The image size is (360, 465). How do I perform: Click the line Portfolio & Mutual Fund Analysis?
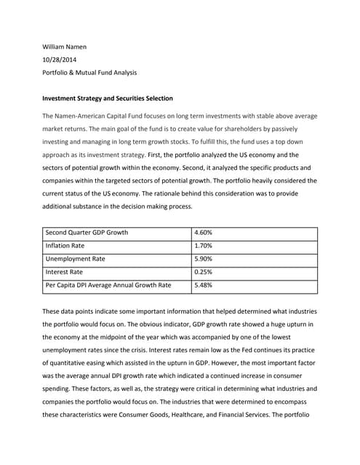click(x=89, y=73)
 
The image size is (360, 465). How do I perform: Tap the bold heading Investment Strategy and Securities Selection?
click(x=108, y=98)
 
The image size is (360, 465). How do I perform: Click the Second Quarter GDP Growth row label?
click(x=87, y=232)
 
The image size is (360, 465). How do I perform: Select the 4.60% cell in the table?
click(x=204, y=232)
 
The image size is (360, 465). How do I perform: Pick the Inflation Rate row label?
click(x=65, y=246)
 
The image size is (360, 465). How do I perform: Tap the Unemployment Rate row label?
click(x=75, y=259)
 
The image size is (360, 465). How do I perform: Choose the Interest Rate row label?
click(x=64, y=272)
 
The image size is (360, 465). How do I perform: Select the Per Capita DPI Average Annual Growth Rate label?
click(x=108, y=285)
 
